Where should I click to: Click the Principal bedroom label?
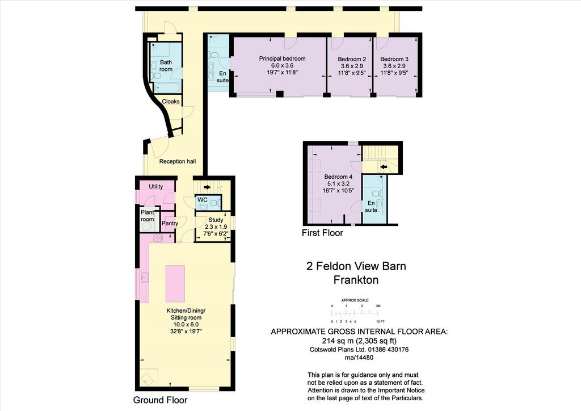[x=282, y=58]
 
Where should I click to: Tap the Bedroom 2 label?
[x=352, y=59]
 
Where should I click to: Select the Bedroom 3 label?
[x=394, y=59]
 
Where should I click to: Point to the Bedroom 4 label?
[x=336, y=177]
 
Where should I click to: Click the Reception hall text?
[x=178, y=162]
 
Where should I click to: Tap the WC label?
[x=203, y=200]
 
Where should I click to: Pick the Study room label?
[x=216, y=220]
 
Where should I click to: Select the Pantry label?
[x=170, y=224]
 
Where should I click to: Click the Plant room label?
[x=147, y=216]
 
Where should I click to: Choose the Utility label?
[x=155, y=186]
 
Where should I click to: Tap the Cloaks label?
[x=170, y=102]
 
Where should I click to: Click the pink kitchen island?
[x=175, y=283]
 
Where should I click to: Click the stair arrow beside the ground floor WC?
[x=207, y=187]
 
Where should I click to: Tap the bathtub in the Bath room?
[x=167, y=88]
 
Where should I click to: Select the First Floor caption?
[x=322, y=233]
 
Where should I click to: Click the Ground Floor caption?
[x=160, y=400]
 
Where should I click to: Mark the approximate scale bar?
[x=355, y=313]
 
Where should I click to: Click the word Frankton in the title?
[x=356, y=280]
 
